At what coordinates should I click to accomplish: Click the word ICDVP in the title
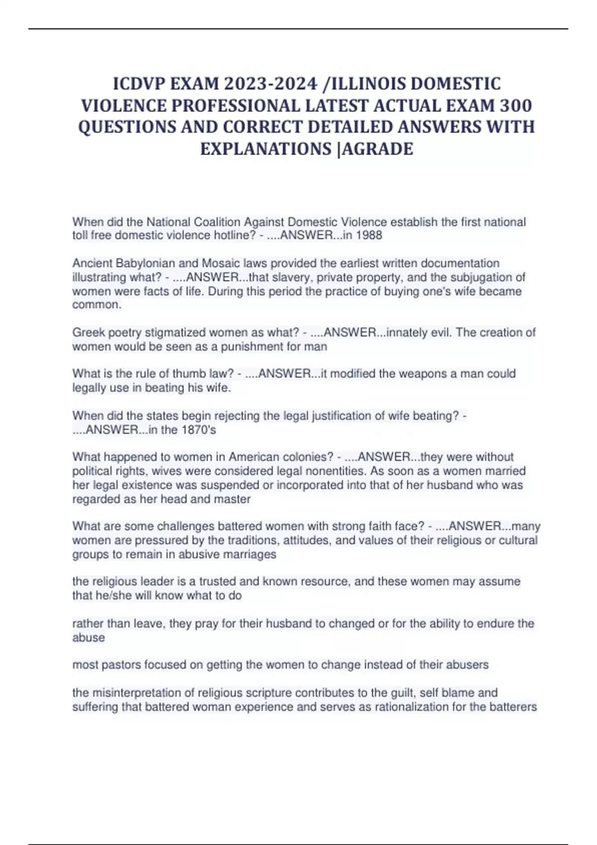[139, 84]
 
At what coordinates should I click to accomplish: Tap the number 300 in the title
[516, 105]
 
